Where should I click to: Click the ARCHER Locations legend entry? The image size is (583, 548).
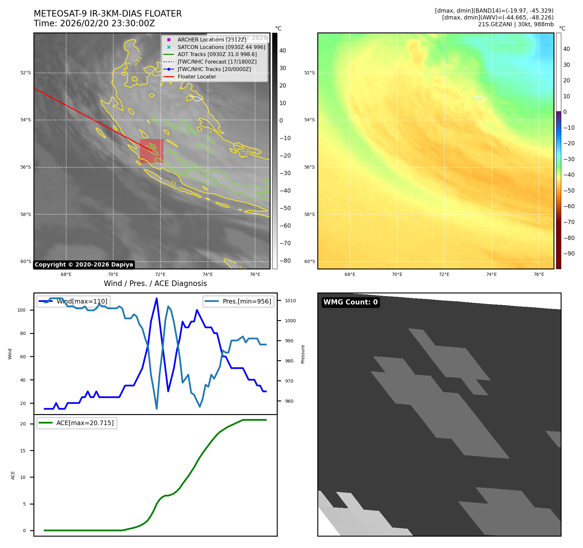[x=212, y=40]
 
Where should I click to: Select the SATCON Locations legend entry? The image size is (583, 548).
[x=221, y=47]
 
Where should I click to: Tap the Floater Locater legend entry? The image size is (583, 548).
[x=197, y=77]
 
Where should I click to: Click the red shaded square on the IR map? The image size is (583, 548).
[x=152, y=151]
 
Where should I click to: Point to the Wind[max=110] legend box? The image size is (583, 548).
[x=73, y=301]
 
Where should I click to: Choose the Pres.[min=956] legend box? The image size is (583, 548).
[x=238, y=301]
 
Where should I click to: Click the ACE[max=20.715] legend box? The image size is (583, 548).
[x=77, y=423]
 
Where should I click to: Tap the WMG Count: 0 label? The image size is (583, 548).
[x=350, y=302]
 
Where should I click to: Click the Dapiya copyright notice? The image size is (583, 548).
[x=84, y=265]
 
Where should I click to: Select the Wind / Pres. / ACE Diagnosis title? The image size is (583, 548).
[x=155, y=283]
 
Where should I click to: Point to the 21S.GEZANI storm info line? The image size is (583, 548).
[x=516, y=24]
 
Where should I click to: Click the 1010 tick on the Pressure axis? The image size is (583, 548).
[x=290, y=301]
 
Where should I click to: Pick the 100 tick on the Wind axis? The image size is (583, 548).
[x=21, y=310]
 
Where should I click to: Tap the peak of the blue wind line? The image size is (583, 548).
[x=157, y=298]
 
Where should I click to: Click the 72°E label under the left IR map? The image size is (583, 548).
[x=160, y=274]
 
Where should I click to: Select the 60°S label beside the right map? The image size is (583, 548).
[x=310, y=261]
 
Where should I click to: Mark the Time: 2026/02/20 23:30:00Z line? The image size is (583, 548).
[x=94, y=24]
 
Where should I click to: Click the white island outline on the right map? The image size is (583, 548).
[x=480, y=98]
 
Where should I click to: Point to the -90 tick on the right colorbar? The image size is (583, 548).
[x=569, y=254]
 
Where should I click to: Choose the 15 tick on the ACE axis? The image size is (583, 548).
[x=23, y=450]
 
